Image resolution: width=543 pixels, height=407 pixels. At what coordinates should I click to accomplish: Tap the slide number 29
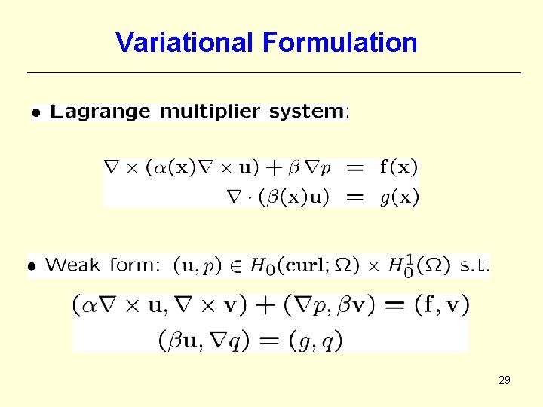coord(505,380)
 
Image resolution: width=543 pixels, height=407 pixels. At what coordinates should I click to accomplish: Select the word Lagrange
coord(100,112)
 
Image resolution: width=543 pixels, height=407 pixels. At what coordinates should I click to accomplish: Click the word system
coord(306,112)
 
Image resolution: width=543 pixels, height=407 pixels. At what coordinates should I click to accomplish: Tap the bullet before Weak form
coord(32,266)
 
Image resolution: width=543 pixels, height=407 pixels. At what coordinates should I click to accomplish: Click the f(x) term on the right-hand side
coord(399,167)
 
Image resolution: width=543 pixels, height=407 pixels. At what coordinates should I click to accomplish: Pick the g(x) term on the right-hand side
coord(399,197)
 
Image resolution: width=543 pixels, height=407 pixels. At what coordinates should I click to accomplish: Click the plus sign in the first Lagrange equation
coord(282,167)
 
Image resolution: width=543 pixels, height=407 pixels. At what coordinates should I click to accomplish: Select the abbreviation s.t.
coord(474,265)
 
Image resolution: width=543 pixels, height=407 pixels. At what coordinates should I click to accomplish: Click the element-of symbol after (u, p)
coord(235,265)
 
